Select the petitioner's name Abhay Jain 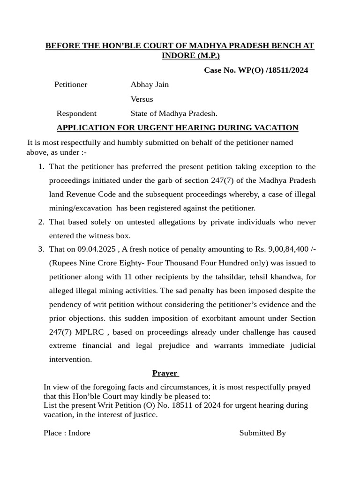point(150,85)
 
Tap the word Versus point(142,99)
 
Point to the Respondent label point(76,113)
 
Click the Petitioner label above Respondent point(71,85)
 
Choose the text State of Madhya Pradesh point(174,113)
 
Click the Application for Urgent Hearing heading point(177,128)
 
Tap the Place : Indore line point(67,433)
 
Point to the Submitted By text point(262,433)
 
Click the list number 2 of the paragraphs point(41,222)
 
